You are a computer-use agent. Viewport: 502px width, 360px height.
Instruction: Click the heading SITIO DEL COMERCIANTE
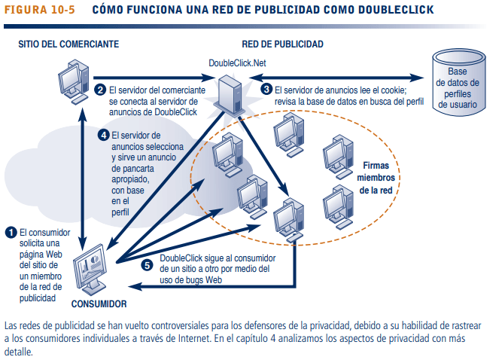pos(69,44)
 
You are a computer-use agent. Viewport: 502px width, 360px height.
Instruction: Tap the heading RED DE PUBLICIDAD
pos(283,44)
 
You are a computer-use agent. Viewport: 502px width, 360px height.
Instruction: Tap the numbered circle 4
pos(105,136)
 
